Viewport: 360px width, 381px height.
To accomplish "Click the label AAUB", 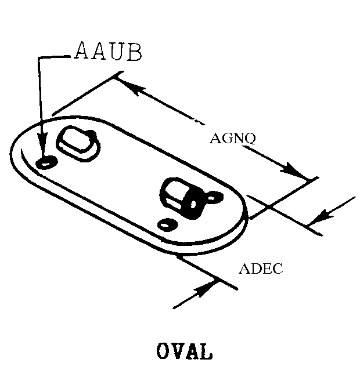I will [109, 52].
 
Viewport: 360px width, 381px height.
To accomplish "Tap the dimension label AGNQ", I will [233, 139].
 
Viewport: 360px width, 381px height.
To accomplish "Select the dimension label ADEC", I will [261, 269].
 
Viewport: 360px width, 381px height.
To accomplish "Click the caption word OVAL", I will [184, 351].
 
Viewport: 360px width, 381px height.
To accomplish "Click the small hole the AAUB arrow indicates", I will [45, 162].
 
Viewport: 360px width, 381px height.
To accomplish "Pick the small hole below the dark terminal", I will [168, 223].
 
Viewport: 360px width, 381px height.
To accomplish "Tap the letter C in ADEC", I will [277, 269].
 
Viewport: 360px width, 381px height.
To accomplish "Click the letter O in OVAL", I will [163, 351].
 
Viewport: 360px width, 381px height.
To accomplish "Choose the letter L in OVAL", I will [206, 351].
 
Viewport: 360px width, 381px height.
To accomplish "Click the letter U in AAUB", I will [117, 52].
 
